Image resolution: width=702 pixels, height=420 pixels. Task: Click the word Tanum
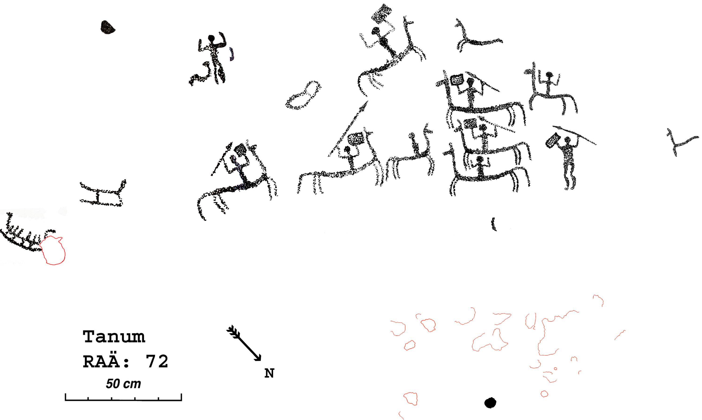coord(114,337)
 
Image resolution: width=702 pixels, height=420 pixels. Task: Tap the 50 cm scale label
coord(123,384)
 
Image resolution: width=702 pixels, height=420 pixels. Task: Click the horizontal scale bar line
coord(123,400)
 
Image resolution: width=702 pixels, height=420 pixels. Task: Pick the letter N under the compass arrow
coord(269,374)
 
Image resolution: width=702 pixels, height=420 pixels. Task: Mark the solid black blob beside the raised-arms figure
coord(107,27)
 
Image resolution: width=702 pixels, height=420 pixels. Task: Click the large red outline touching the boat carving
coord(53,250)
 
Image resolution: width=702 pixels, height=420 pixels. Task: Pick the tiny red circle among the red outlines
coord(555,369)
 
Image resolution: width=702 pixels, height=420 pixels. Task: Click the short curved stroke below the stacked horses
coord(494,224)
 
